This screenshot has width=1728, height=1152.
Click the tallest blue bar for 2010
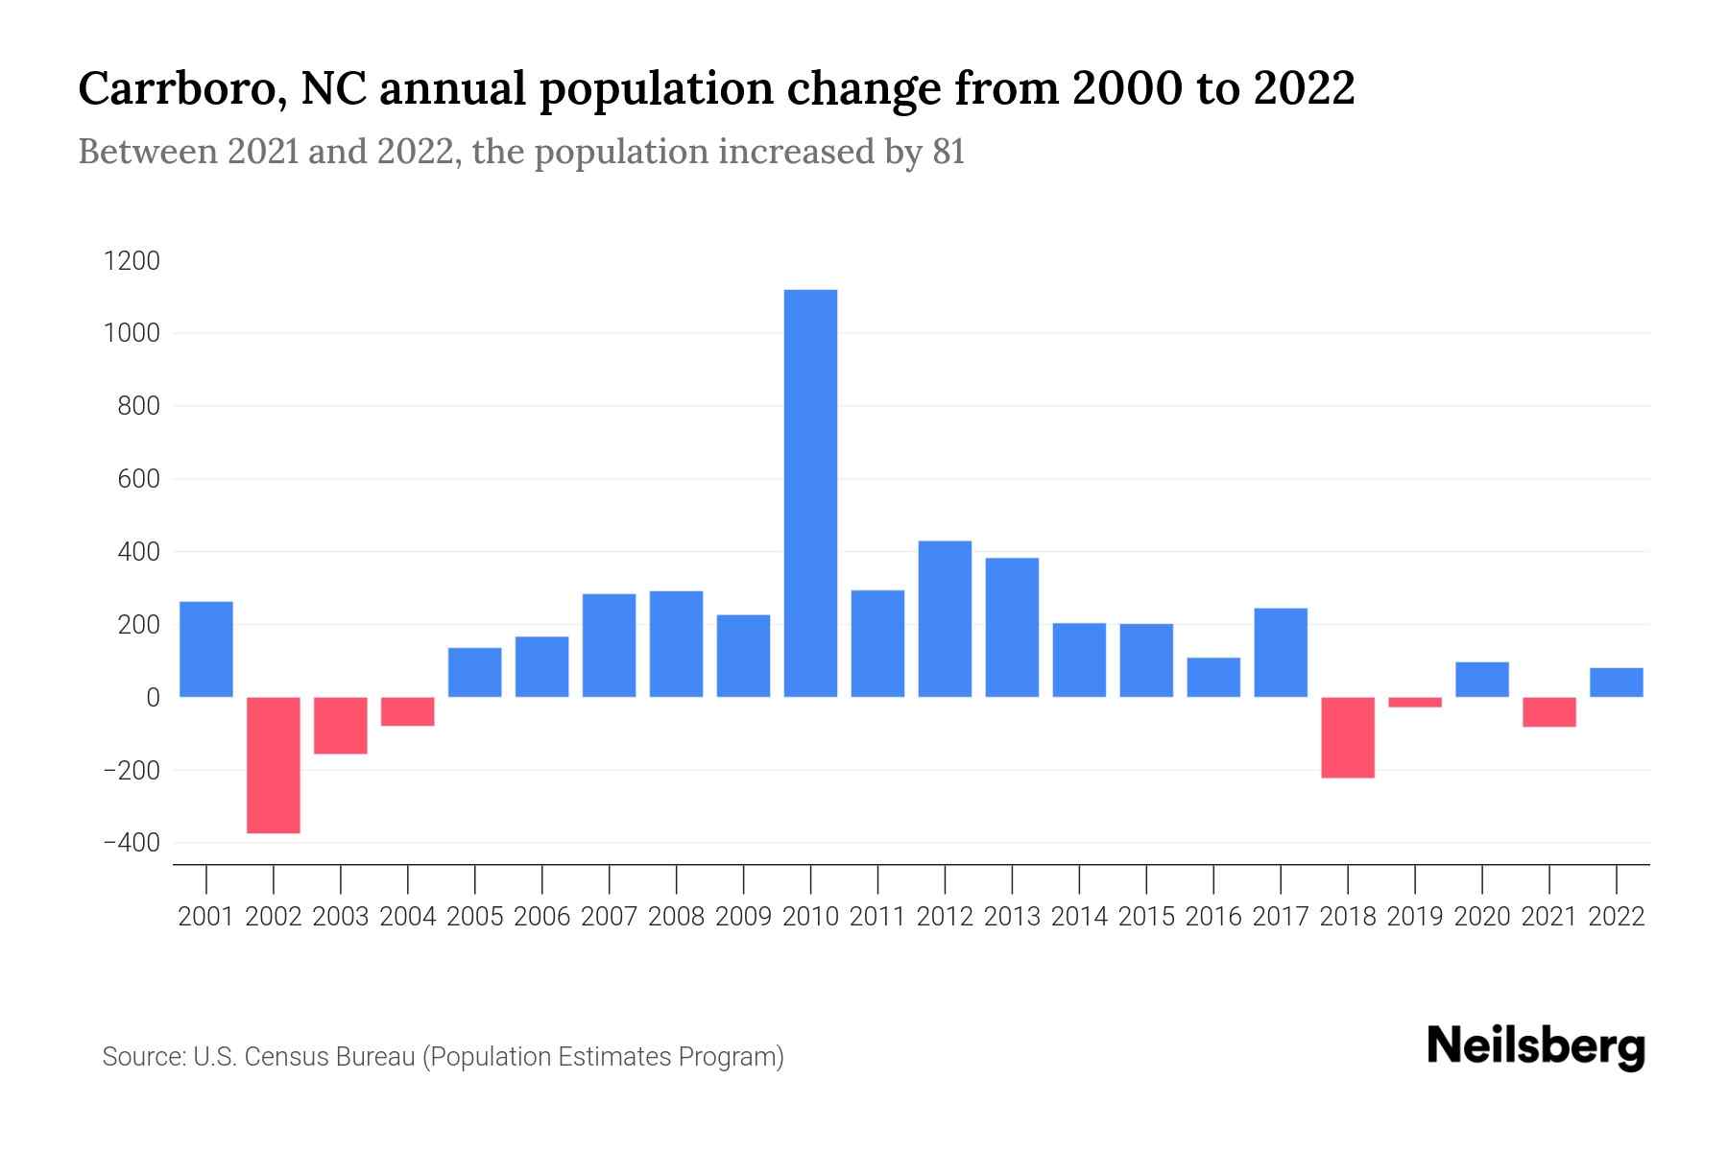[810, 492]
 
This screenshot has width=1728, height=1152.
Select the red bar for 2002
[274, 765]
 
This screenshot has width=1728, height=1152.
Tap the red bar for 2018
[1348, 737]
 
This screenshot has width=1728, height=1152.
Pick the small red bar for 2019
[1415, 703]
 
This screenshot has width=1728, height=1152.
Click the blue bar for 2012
[945, 619]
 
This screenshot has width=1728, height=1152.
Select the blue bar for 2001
[206, 649]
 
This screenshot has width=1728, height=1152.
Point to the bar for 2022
[1617, 683]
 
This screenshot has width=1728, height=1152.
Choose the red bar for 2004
[408, 711]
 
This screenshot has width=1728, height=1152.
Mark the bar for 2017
[1281, 653]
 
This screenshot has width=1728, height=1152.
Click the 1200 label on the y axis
[132, 261]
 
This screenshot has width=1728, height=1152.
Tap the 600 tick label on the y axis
[139, 479]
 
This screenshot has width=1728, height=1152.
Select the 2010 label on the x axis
[810, 917]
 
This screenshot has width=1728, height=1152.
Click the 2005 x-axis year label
[475, 917]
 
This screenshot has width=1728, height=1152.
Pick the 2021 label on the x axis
[1549, 917]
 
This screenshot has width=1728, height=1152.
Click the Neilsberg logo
[1535, 1047]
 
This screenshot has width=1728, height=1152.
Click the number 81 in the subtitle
[948, 152]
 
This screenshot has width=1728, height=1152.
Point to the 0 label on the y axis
[152, 698]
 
